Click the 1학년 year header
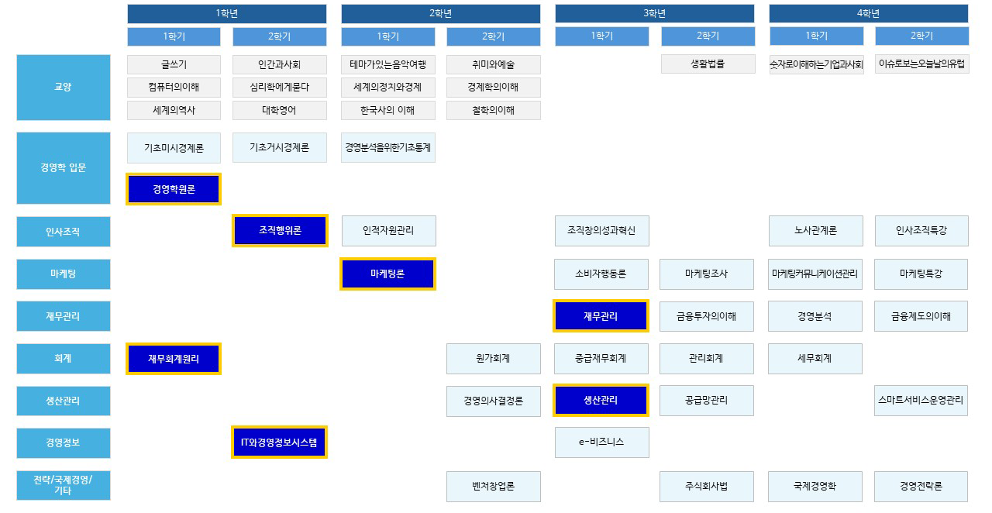pos(227,13)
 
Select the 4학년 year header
pos(868,13)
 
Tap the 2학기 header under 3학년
pos(708,36)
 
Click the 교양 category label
pos(64,88)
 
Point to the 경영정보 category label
pos(64,442)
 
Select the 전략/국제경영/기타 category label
pos(64,486)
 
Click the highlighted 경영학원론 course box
pos(174,189)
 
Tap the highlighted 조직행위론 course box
pos(280,230)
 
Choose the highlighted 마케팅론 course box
pos(387,274)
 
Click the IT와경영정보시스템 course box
pos(280,442)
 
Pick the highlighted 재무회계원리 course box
pos(174,358)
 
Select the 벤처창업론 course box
pos(494,487)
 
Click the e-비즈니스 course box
pos(601,442)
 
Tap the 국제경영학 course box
pos(815,487)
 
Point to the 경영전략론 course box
pos(921,487)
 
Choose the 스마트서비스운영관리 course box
pos(921,401)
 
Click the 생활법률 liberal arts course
pos(708,64)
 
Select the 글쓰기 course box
pos(174,64)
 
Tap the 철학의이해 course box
pos(494,110)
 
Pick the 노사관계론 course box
pos(815,230)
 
